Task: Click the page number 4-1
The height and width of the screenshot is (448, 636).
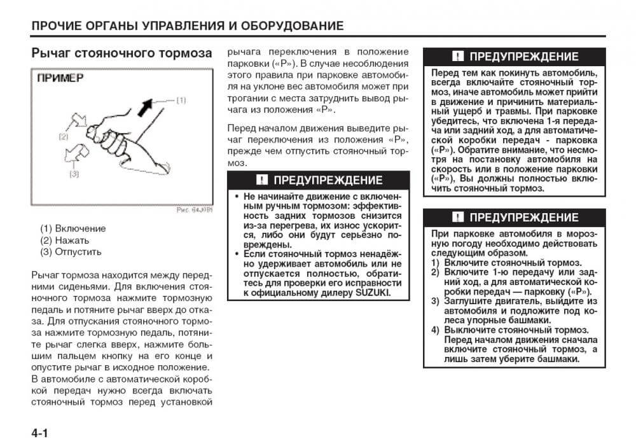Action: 39,433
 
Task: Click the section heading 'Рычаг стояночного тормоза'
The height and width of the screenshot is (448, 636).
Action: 121,53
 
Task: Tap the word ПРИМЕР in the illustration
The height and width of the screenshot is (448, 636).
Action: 60,78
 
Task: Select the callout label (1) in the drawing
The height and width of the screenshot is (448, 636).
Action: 181,100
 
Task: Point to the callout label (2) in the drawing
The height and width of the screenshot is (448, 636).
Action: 63,136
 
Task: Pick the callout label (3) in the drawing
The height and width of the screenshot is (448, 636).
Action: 74,173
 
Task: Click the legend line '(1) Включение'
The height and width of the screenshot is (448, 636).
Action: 73,228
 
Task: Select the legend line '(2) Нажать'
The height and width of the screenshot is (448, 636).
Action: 65,240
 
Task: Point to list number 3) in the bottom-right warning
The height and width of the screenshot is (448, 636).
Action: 435,301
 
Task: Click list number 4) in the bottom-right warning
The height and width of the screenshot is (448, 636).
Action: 435,330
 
